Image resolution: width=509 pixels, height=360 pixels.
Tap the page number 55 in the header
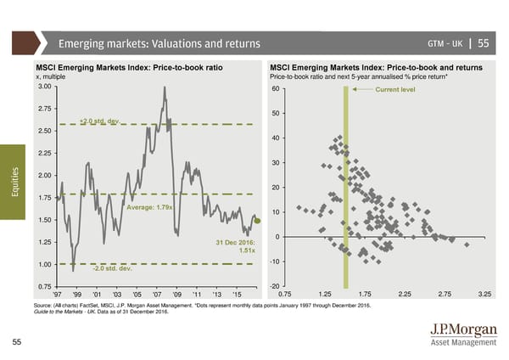[482, 44]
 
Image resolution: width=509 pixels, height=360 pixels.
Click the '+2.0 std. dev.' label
[101, 120]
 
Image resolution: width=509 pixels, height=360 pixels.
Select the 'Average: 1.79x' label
[149, 208]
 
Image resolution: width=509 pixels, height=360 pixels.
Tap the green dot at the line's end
[258, 221]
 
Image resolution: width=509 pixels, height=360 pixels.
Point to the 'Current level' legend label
[394, 88]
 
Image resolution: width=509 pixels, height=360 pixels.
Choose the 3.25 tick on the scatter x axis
[485, 294]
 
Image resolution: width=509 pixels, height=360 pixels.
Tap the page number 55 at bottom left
[18, 341]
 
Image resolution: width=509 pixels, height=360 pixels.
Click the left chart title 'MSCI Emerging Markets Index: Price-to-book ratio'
[129, 67]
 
